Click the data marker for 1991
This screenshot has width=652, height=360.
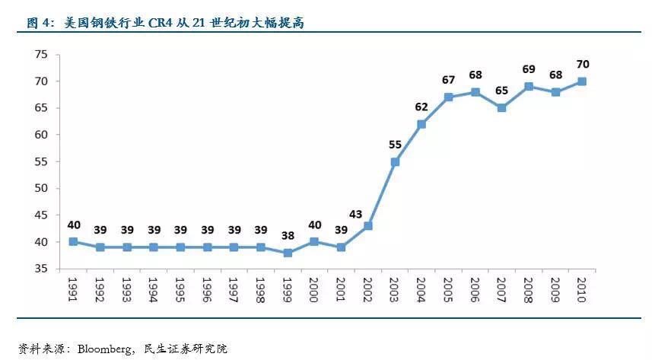[73, 242]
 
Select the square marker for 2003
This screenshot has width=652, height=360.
[395, 162]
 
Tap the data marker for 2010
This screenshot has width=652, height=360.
[583, 81]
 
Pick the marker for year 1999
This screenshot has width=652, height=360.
[288, 253]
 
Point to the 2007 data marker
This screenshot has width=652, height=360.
[502, 108]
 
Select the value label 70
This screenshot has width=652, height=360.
[583, 64]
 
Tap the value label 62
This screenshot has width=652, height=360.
[421, 107]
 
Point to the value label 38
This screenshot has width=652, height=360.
[288, 235]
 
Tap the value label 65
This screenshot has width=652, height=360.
[502, 91]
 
